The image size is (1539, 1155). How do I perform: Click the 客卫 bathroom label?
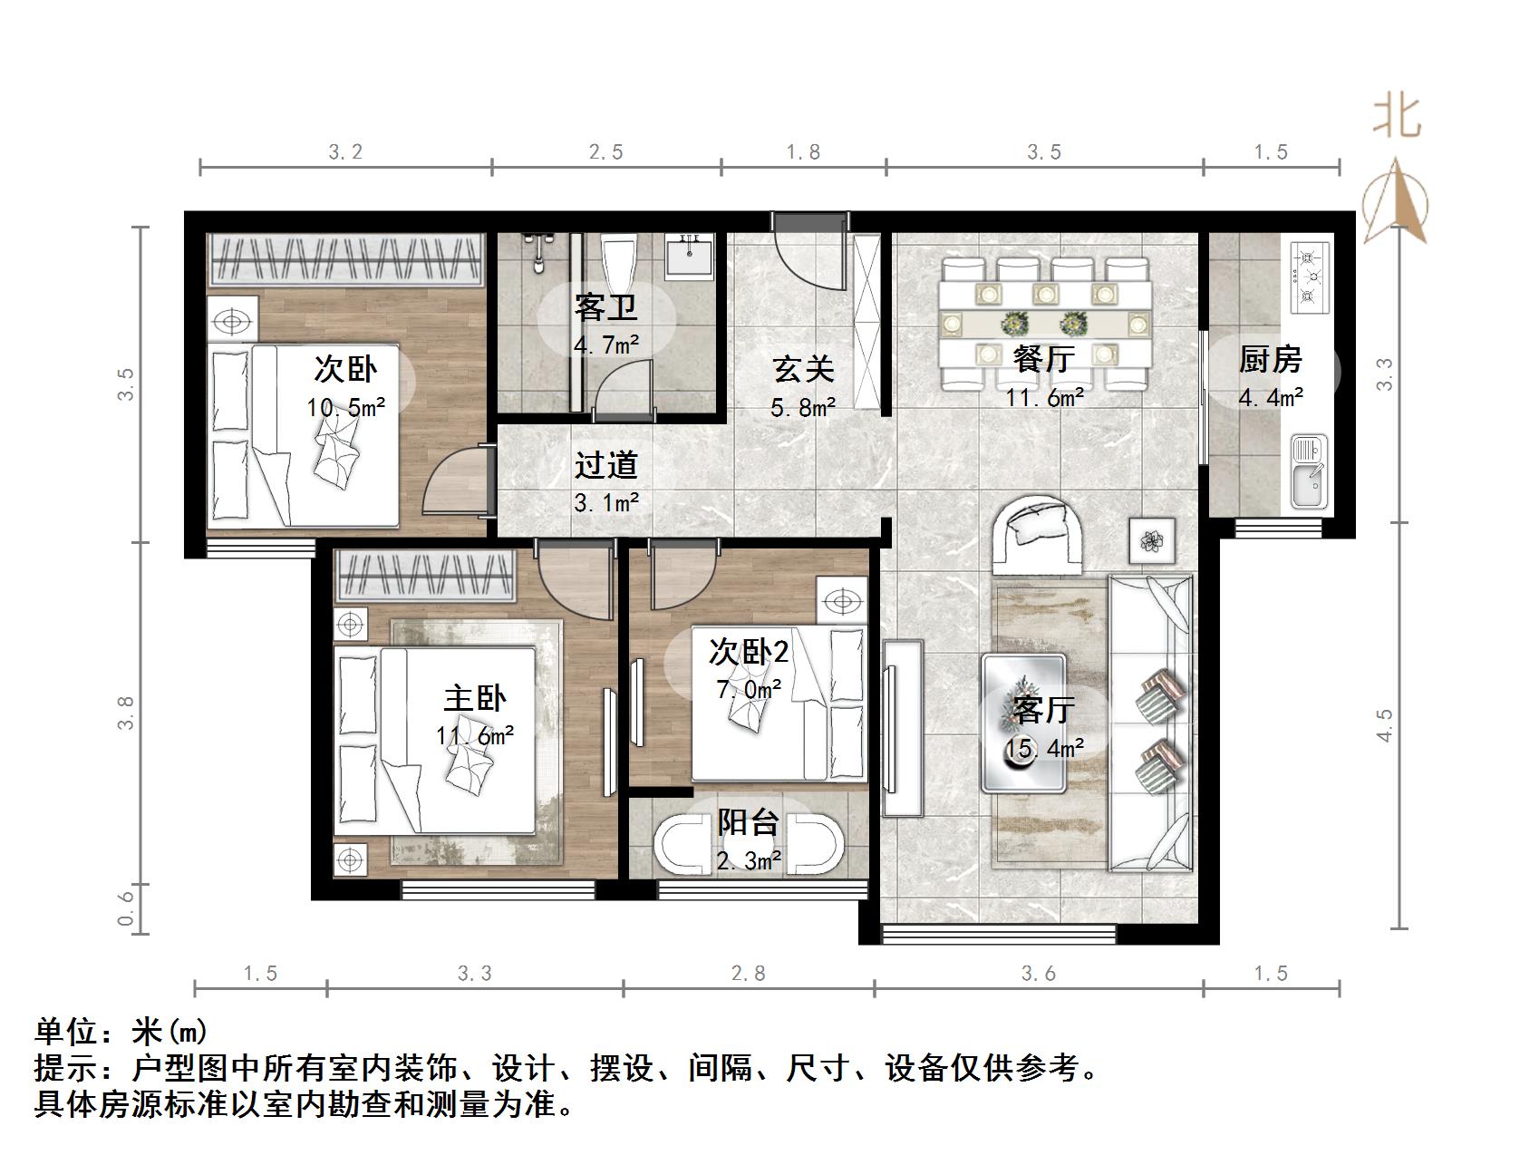605,308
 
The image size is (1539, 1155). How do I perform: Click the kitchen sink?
1307,471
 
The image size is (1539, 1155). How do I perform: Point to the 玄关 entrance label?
803,369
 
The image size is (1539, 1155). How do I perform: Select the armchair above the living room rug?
1037,535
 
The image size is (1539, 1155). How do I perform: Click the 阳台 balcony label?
749,822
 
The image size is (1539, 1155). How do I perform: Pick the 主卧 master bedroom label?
475,698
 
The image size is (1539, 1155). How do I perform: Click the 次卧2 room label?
749,651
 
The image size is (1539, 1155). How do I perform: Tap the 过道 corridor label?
606,465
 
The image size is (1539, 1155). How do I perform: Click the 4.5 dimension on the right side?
1384,725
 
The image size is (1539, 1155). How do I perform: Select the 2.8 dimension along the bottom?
749,974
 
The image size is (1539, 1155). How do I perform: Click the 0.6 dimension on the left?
126,907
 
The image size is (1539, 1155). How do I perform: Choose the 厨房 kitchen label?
1271,360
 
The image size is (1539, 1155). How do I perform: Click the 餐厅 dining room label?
1044,359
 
